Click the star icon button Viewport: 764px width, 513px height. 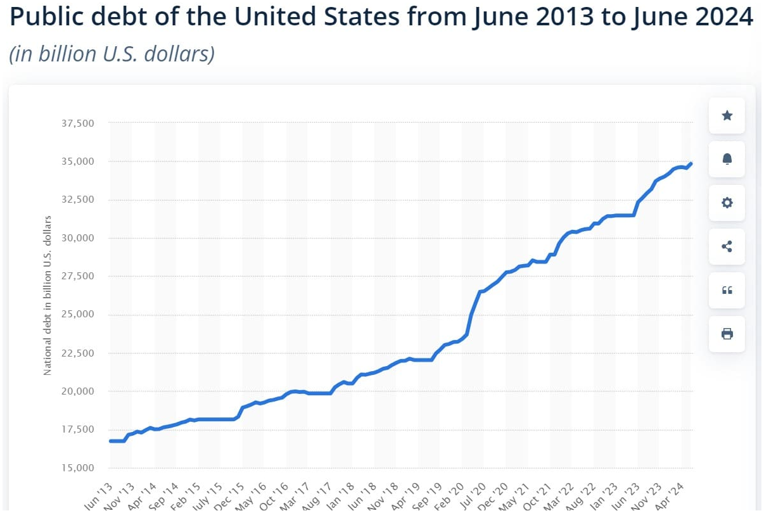point(727,115)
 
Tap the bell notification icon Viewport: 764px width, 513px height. point(727,159)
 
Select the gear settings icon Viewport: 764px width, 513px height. point(727,203)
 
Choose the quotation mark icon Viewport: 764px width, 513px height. point(727,290)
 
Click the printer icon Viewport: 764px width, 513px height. point(727,334)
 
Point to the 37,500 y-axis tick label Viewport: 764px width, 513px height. point(77,123)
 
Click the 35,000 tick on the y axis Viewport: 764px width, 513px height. point(77,161)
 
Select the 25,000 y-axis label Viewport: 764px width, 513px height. point(77,315)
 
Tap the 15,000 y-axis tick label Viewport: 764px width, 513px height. point(77,468)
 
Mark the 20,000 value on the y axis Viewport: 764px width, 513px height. point(77,391)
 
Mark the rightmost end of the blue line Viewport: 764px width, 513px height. point(691,164)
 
